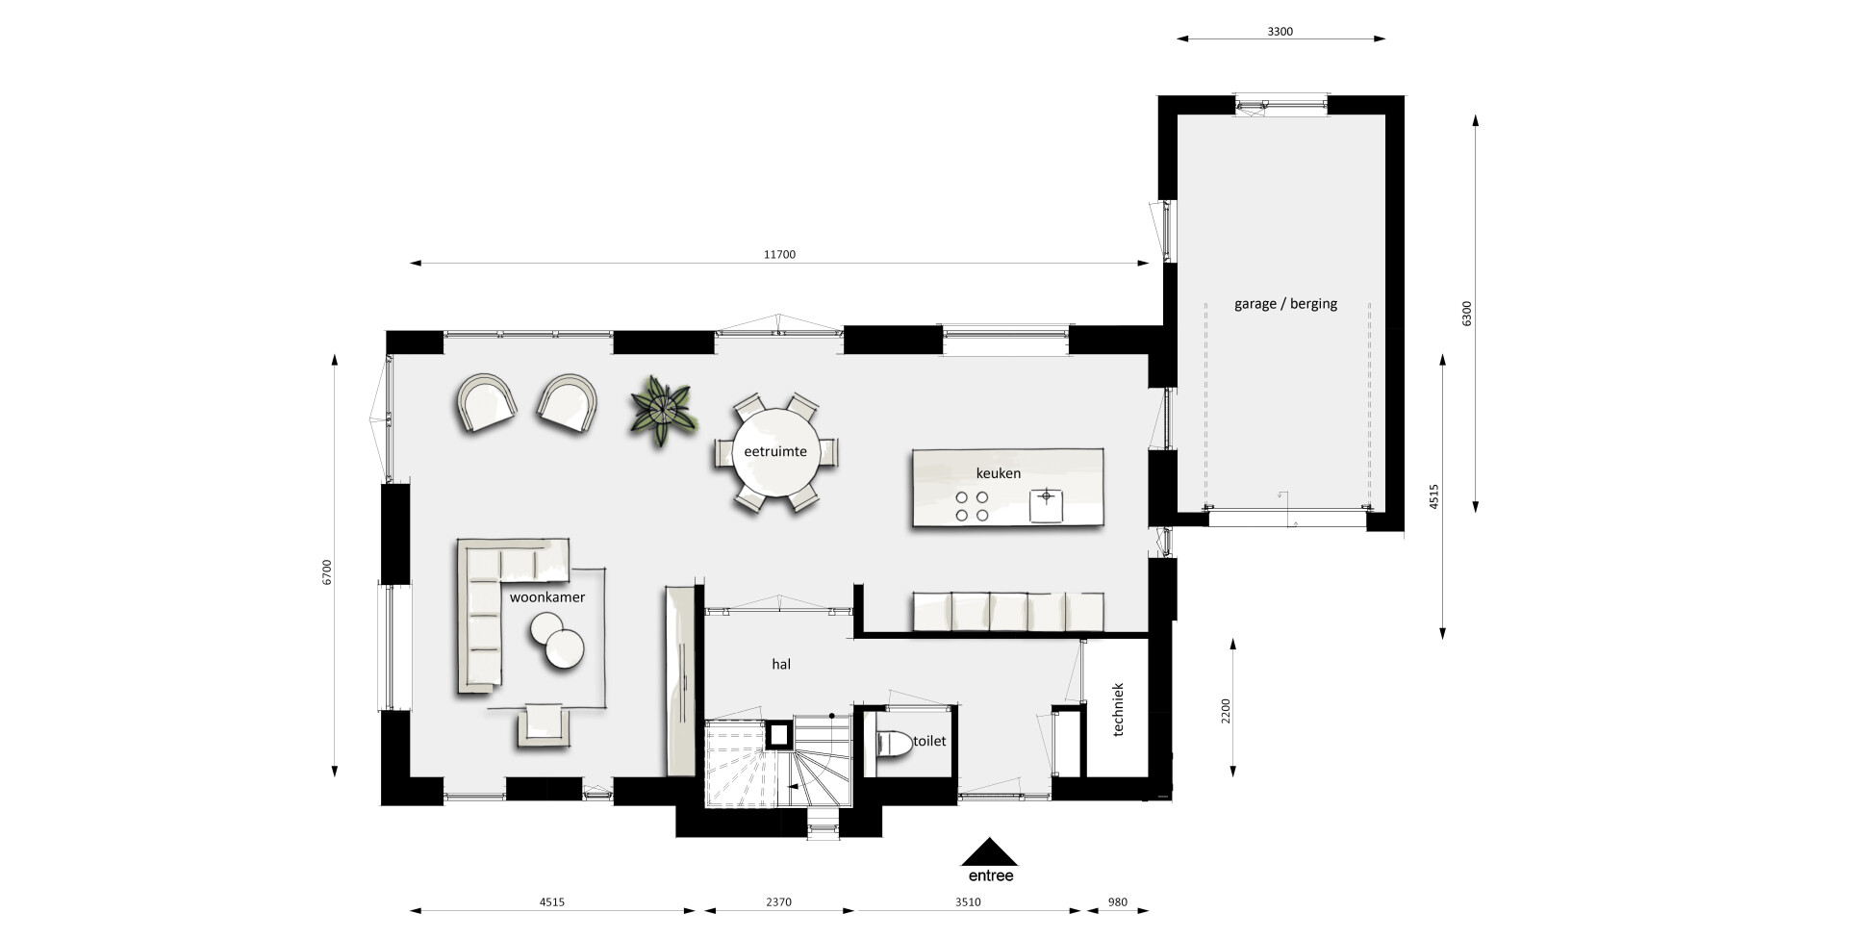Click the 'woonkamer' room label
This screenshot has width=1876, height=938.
pyautogui.click(x=546, y=597)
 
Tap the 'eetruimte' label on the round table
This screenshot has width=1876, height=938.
pyautogui.click(x=775, y=450)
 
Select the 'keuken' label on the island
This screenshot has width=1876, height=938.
pyautogui.click(x=999, y=473)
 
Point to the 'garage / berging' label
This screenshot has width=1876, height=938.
pyautogui.click(x=1285, y=304)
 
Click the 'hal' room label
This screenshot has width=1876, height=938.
pyautogui.click(x=781, y=664)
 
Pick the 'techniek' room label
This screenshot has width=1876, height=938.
pyautogui.click(x=1117, y=710)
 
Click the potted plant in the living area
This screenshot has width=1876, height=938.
pyautogui.click(x=661, y=410)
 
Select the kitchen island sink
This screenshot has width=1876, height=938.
pyautogui.click(x=1047, y=504)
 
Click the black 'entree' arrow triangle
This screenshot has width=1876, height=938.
pyautogui.click(x=990, y=852)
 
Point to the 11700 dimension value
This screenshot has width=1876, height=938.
pyautogui.click(x=779, y=255)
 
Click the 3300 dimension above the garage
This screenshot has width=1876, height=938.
pyautogui.click(x=1280, y=31)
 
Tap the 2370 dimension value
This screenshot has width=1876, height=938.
pyautogui.click(x=778, y=902)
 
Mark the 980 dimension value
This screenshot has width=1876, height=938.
pyautogui.click(x=1117, y=902)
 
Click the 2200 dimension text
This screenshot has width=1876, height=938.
pyautogui.click(x=1225, y=711)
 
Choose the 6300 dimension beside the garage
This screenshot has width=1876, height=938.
pyautogui.click(x=1466, y=314)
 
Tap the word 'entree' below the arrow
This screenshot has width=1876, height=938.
pyautogui.click(x=990, y=875)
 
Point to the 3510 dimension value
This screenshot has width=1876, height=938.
pyautogui.click(x=968, y=902)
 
